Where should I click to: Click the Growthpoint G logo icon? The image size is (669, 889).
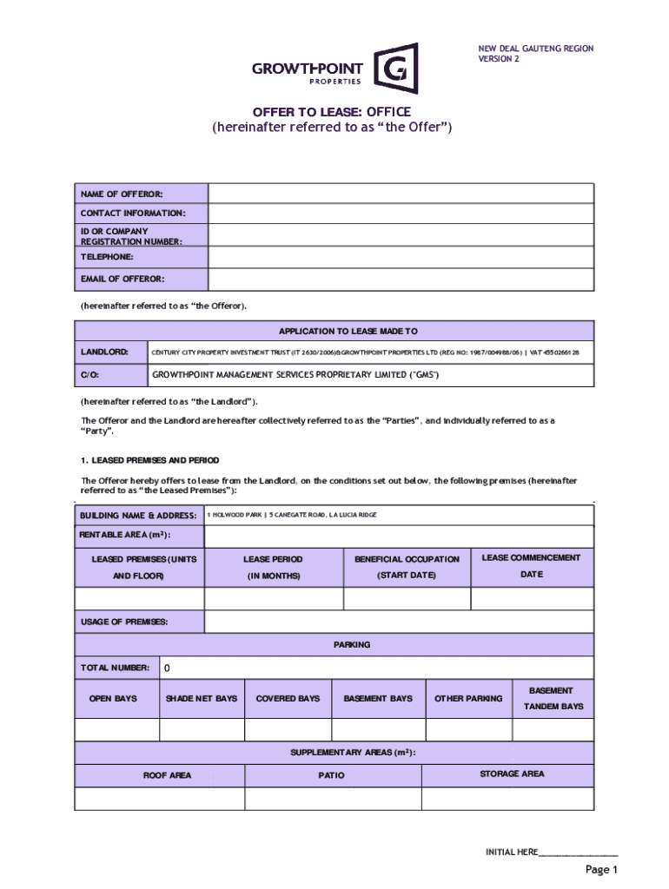395,68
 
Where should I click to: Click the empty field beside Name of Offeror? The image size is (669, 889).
401,193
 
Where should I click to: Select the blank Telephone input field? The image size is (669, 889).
401,258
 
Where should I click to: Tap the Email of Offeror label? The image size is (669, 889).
123,279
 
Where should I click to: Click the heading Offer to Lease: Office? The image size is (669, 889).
332,112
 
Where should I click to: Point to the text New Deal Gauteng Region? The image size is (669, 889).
535,49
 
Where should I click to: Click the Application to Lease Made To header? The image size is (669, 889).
348,331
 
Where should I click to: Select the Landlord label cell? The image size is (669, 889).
105,352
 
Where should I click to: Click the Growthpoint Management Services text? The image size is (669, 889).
295,375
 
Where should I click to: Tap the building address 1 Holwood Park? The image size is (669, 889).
292,515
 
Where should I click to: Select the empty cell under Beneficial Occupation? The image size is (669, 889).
407,599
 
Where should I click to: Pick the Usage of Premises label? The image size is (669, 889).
124,622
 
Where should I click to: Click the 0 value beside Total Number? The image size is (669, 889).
168,668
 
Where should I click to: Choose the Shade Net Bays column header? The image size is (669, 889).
202,698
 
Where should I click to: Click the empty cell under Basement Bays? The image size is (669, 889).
378,730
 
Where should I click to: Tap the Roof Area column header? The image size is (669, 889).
167,775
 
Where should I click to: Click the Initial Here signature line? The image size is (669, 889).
578,853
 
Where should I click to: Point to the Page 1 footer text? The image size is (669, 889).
600,869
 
